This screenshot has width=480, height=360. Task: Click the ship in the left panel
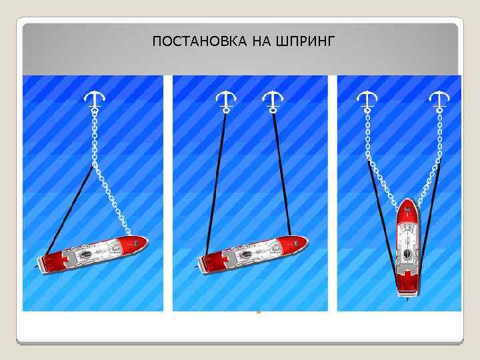click(93, 253)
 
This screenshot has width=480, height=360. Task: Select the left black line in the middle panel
click(215, 180)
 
